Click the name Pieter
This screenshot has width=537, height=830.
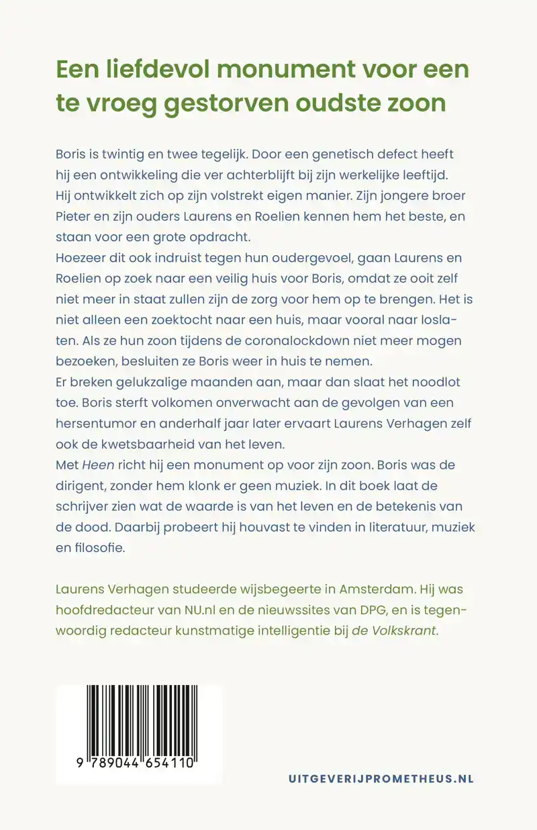(75, 216)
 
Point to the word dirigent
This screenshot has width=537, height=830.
(79, 486)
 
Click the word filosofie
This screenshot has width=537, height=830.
(101, 548)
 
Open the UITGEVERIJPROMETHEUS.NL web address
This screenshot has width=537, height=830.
(381, 779)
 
